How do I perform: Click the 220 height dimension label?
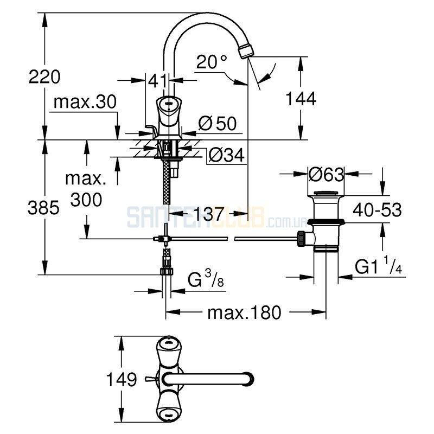[x=44, y=76]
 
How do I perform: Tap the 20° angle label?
[x=212, y=61]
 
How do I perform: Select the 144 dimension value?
[x=301, y=99]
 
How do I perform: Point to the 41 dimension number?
[x=158, y=80]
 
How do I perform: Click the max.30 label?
[x=85, y=102]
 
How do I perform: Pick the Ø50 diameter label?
[x=218, y=123]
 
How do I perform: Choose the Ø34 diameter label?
[x=227, y=155]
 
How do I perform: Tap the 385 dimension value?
[x=43, y=207]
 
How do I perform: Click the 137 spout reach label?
[x=208, y=213]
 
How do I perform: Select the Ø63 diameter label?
[x=326, y=174]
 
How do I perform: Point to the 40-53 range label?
[x=377, y=209]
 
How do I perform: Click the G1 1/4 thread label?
[x=378, y=266]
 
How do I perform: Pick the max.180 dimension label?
[x=244, y=312]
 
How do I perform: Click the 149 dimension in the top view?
[x=122, y=379]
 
